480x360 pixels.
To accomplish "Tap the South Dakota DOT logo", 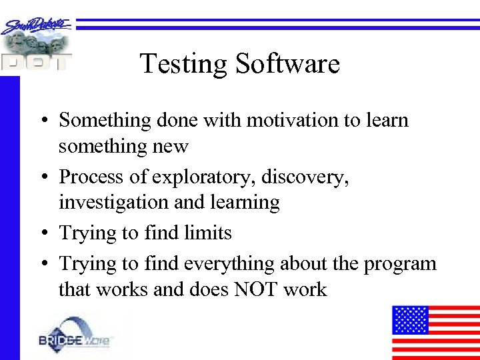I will point(36,44).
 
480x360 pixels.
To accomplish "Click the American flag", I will point(435,332).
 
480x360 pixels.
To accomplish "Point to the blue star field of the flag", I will point(410,319).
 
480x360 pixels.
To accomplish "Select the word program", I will point(400,264).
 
